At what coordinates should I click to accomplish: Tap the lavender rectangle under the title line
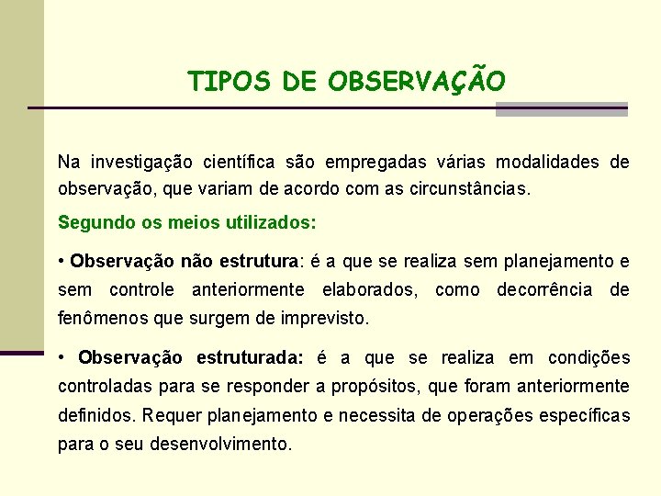561,109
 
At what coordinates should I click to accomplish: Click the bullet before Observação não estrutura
61,262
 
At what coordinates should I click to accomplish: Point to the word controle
141,290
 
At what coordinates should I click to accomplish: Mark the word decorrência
544,290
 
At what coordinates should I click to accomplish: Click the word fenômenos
98,320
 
